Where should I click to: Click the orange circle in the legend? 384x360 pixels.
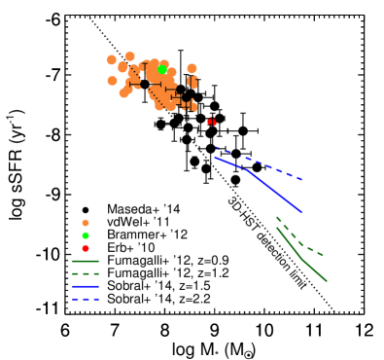point(86,223)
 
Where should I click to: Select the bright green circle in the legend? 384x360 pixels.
point(86,235)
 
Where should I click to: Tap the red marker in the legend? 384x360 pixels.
point(86,248)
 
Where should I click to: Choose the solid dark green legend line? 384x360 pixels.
point(86,261)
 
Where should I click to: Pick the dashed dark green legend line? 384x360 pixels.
point(86,273)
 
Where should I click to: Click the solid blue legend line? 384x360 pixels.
point(86,286)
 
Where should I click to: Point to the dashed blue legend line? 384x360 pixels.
point(86,299)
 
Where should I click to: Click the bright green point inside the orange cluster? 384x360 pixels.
point(162,70)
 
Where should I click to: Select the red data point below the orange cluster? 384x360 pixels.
point(211,122)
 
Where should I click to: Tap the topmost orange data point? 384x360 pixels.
point(129,56)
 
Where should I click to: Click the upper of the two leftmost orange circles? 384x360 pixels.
point(112,60)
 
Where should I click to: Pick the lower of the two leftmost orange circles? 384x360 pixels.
point(113,81)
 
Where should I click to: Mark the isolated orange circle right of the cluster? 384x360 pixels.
point(192,69)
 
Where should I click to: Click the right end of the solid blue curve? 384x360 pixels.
point(301,211)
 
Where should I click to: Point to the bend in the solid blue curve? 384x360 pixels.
point(248,170)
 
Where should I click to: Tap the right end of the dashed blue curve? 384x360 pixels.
point(302,179)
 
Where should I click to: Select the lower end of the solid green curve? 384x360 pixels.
point(326,280)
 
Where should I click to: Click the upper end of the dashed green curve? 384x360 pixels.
point(276,217)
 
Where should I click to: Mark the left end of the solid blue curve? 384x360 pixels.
point(215,157)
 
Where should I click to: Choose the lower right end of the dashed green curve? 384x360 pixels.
point(323,255)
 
